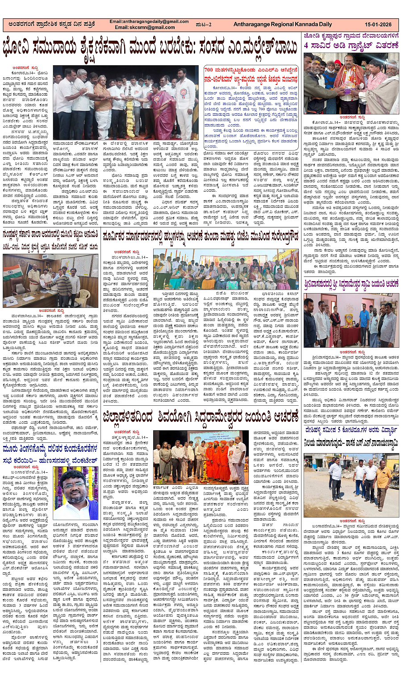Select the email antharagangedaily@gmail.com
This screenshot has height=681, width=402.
click(x=149, y=21)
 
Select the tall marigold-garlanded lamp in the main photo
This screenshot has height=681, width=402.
click(x=130, y=114)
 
